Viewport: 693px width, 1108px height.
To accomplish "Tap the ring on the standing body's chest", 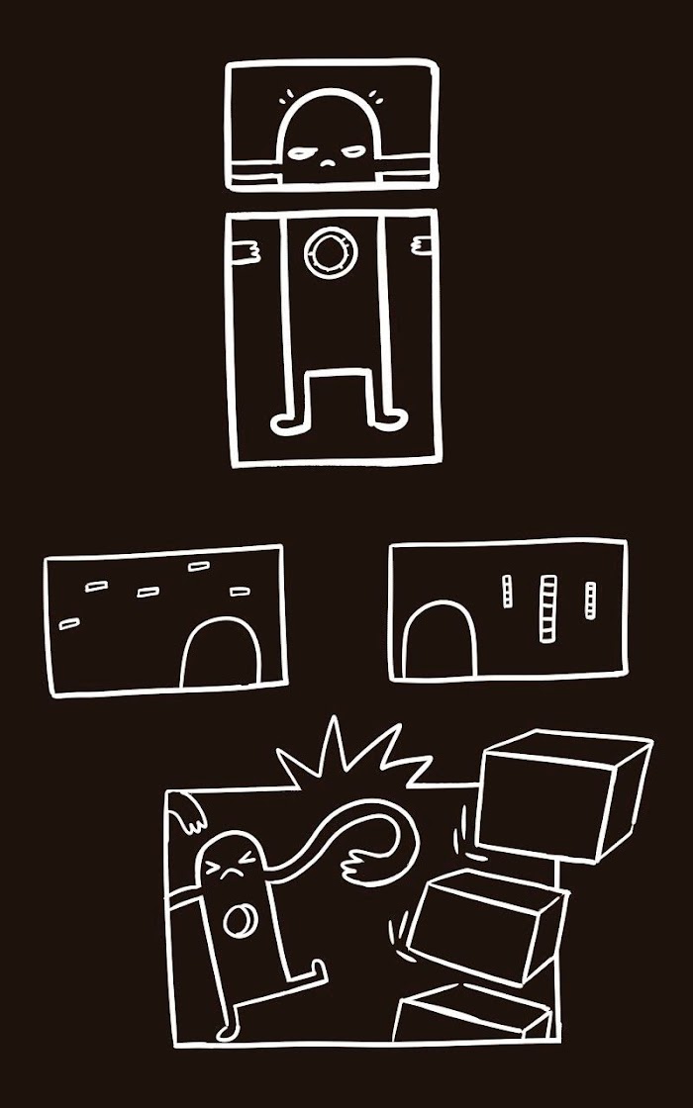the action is coord(326,254).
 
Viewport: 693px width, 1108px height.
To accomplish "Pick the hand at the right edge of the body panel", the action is coord(424,244).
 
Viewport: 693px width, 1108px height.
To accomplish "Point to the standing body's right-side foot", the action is coord(388,420).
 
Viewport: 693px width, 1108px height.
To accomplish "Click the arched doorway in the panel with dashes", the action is coord(222,654).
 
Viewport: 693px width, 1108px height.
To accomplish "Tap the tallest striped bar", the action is coord(547,608).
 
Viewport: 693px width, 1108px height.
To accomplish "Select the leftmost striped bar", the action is coord(507,592).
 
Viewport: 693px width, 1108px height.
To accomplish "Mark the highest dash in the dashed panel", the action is coord(199,567).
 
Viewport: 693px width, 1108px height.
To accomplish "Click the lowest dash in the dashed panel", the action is coord(69,623).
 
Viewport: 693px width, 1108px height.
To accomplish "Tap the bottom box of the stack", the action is coord(475,1014).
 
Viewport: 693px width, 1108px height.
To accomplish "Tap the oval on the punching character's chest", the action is coord(240,922).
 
